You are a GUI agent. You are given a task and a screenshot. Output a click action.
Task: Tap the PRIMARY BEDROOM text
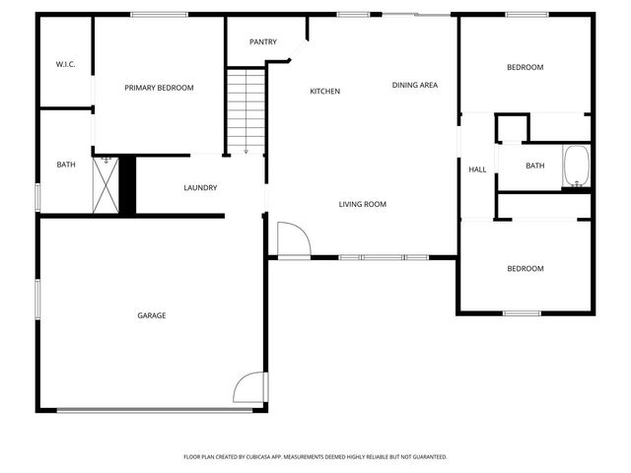[159, 88]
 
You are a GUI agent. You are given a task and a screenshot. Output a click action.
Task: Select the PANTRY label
[262, 41]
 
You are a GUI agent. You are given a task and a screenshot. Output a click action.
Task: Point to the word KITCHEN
[324, 92]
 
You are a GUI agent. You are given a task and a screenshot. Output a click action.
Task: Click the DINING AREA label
[414, 85]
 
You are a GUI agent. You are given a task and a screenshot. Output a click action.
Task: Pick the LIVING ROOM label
[362, 205]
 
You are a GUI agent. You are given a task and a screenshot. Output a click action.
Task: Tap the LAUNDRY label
[200, 187]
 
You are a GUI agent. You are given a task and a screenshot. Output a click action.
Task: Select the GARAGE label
[151, 315]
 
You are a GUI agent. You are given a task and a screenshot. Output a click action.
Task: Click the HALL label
[477, 169]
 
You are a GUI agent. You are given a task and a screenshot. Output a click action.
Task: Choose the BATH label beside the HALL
[534, 166]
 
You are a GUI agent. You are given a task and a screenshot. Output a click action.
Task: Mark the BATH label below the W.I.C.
[65, 165]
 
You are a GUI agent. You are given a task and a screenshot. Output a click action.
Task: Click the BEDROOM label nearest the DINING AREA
[525, 67]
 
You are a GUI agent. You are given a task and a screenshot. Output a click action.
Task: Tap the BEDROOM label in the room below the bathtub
[525, 268]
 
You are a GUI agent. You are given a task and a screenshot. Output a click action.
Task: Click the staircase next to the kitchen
[246, 109]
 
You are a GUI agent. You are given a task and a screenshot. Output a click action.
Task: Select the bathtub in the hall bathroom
[576, 167]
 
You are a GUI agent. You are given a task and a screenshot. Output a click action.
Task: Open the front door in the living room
[292, 239]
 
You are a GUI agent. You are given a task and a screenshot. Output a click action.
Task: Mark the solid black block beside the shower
[126, 184]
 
